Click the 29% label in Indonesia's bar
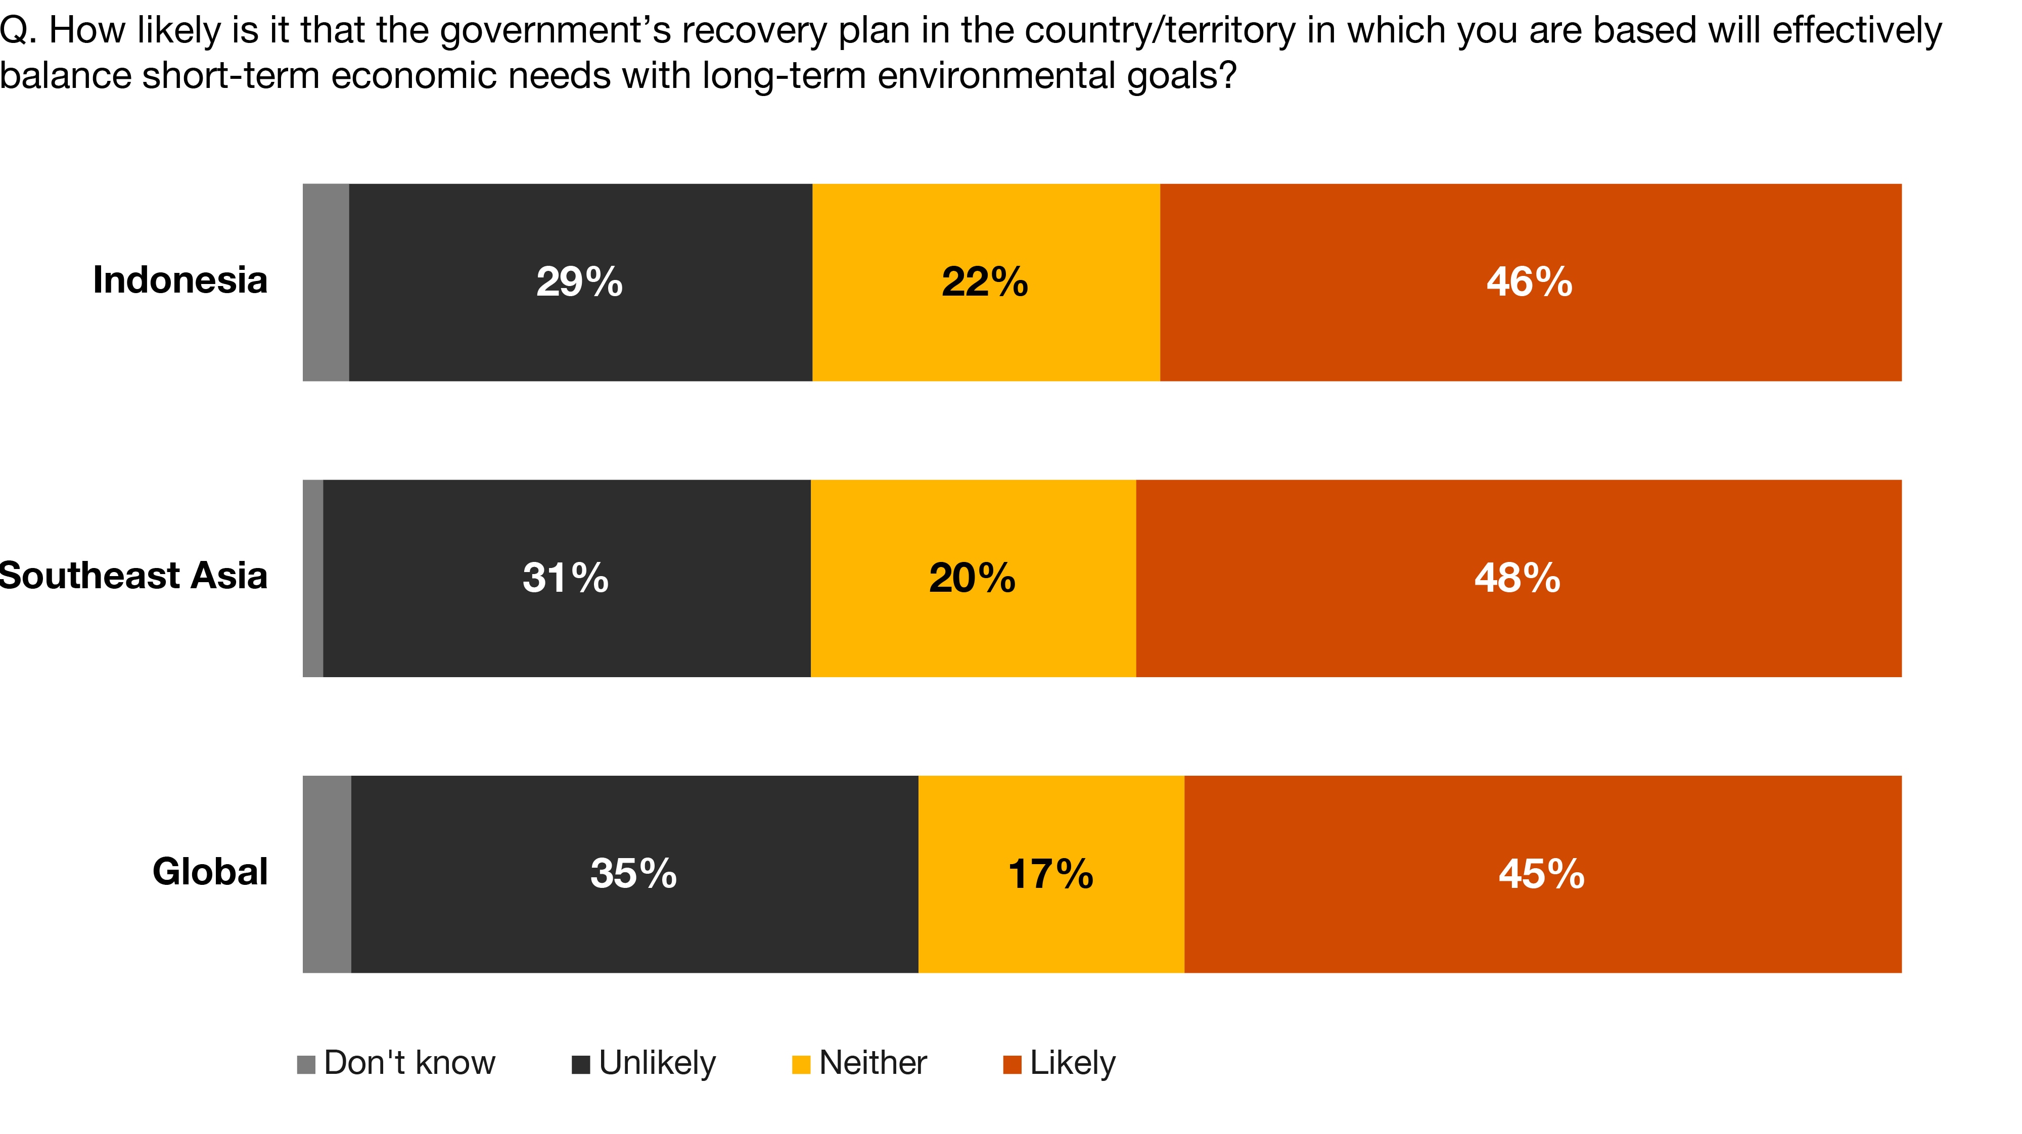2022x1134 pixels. [x=579, y=282]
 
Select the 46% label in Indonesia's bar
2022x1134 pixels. [x=1529, y=282]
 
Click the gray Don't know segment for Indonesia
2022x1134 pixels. [x=326, y=282]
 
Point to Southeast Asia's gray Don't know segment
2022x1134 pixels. [x=312, y=579]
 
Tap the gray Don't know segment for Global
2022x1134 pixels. [x=327, y=874]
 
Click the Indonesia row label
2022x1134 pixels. [x=180, y=280]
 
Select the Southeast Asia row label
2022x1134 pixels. [x=133, y=576]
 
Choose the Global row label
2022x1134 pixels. [x=210, y=872]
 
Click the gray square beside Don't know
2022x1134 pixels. [x=305, y=1064]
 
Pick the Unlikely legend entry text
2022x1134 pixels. [x=657, y=1063]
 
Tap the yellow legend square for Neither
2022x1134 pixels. [x=801, y=1064]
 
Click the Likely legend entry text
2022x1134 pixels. [x=1072, y=1063]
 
